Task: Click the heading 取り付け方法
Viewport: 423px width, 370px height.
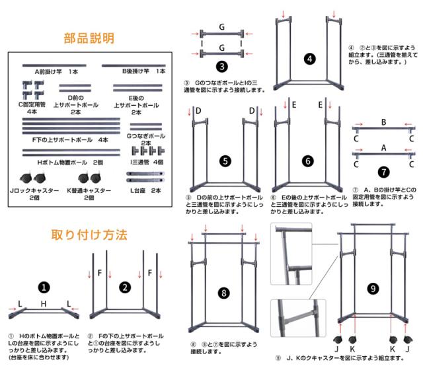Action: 89,234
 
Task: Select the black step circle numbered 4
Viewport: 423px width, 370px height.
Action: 309,58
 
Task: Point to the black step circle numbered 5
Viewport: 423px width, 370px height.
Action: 225,160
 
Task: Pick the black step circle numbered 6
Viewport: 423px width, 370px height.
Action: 309,160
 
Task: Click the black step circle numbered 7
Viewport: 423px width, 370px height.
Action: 383,171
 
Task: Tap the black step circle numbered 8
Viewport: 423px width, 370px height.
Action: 225,292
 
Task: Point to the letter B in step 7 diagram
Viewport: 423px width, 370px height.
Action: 383,123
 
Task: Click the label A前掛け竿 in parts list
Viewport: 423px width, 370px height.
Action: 52,70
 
